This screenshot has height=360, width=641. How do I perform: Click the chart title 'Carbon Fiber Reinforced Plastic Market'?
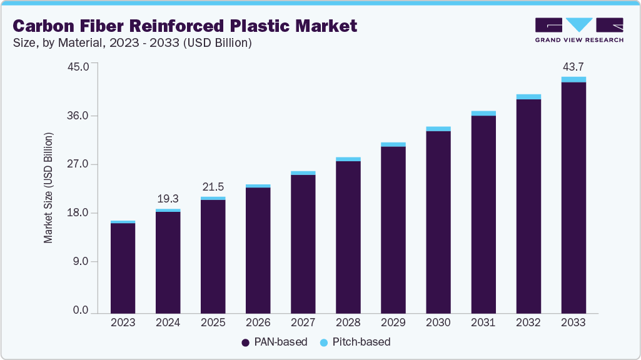[x=185, y=26]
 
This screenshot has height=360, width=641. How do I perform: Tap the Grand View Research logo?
[x=579, y=29]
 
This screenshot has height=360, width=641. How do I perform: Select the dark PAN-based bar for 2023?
[x=123, y=267]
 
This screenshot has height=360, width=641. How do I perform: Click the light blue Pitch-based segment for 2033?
[x=573, y=79]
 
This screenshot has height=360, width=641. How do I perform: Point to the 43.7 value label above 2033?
[x=573, y=66]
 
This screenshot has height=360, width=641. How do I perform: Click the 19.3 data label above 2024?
[x=168, y=199]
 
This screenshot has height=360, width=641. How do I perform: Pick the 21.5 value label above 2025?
[x=213, y=187]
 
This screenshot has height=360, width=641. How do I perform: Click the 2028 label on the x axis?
[x=348, y=322]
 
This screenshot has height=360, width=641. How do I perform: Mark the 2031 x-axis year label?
[x=483, y=322]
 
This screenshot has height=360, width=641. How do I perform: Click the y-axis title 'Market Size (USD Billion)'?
[x=48, y=188]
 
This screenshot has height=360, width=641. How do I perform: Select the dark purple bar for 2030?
[x=438, y=222]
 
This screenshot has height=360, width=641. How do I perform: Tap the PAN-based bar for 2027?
[x=303, y=244]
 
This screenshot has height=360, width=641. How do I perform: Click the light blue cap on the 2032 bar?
[x=528, y=97]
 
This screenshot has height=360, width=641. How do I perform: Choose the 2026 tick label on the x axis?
[x=258, y=322]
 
